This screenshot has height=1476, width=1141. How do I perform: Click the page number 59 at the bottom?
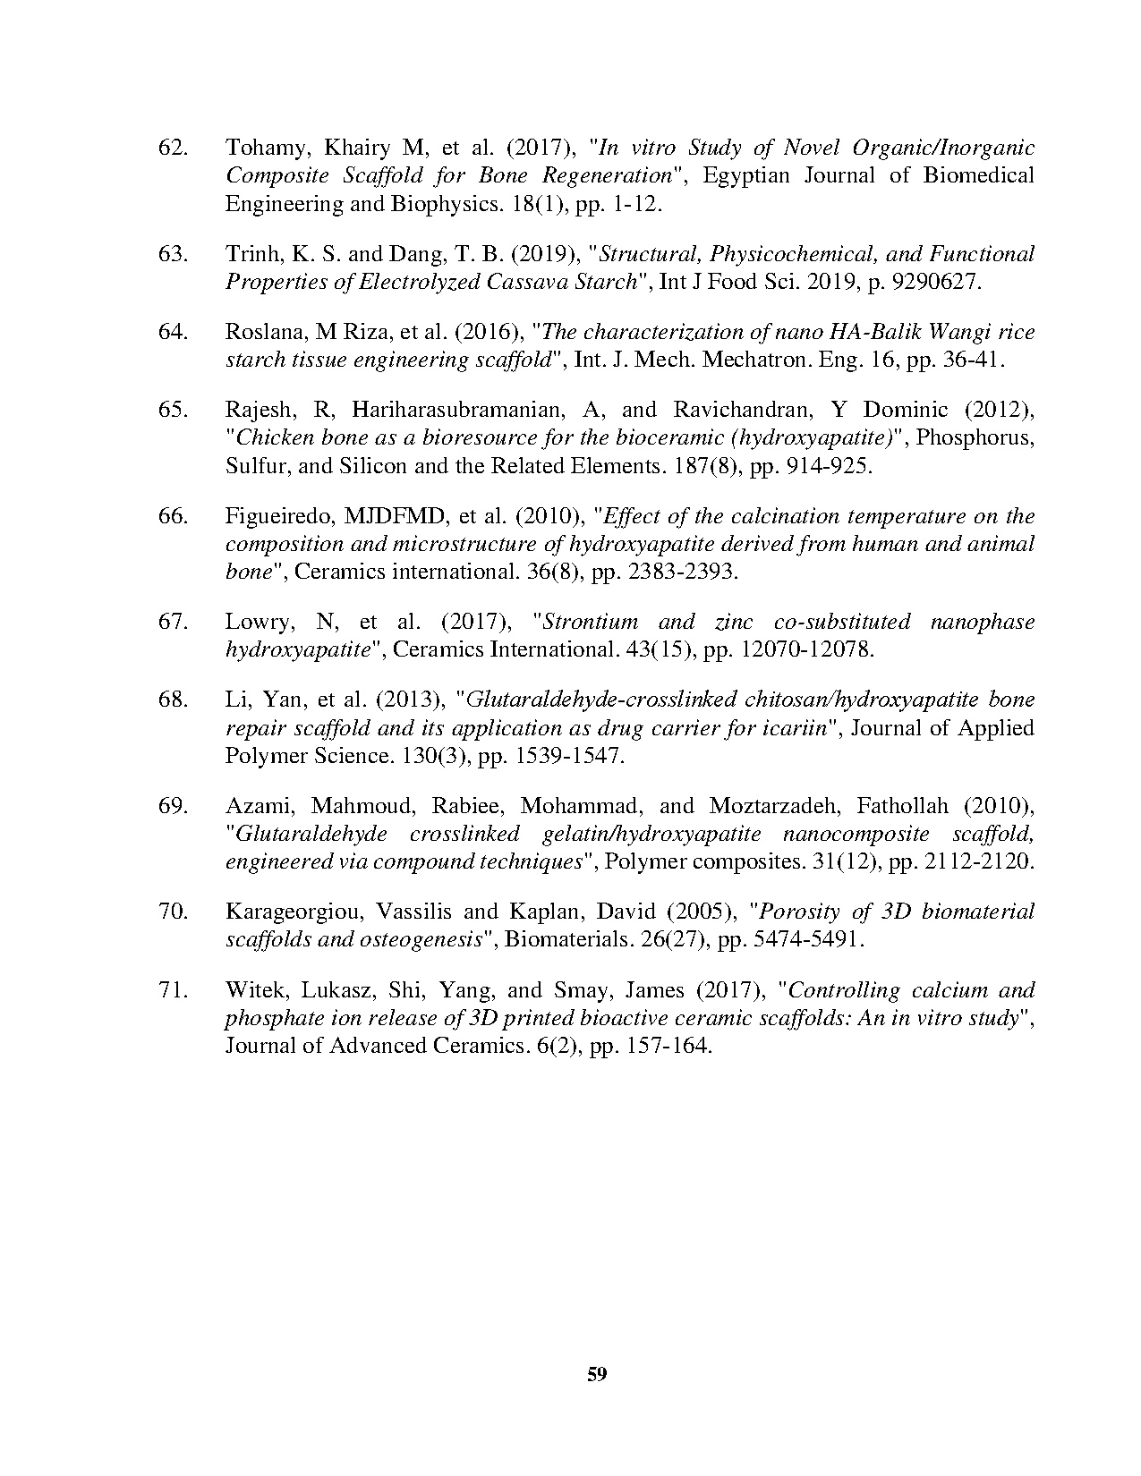tap(598, 1374)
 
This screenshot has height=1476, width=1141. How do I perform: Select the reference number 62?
tap(172, 147)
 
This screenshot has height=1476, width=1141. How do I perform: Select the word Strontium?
tap(591, 622)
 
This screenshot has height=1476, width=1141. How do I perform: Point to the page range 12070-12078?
tap(808, 649)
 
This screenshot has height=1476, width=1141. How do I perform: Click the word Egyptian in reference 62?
tap(746, 175)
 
